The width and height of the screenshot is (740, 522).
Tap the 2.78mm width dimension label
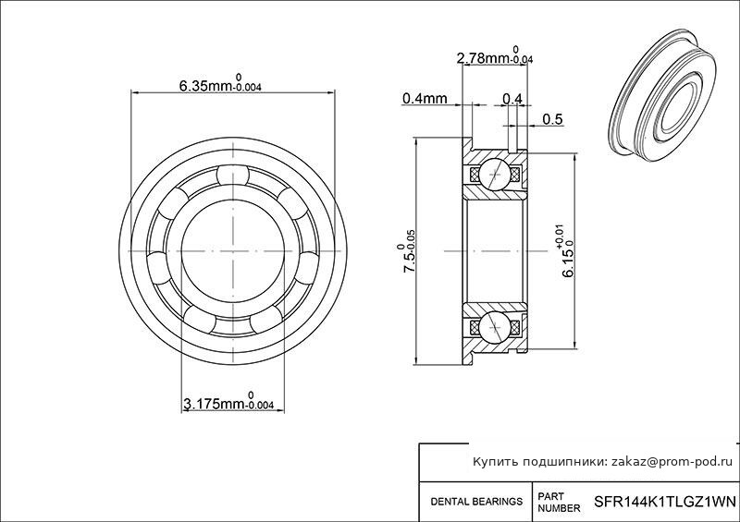(495, 55)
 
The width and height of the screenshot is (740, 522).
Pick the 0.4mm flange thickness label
(425, 98)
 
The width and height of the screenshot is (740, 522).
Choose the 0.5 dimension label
(552, 119)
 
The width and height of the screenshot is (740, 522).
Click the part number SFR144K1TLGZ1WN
(664, 501)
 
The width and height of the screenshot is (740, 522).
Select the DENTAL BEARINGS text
(476, 502)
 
